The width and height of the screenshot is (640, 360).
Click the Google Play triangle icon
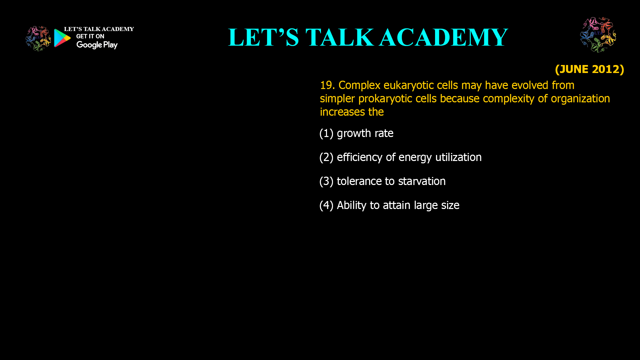(62, 38)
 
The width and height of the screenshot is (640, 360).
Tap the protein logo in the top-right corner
(598, 35)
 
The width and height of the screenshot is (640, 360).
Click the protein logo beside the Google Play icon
(38, 39)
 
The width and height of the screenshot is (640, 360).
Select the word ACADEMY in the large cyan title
(444, 37)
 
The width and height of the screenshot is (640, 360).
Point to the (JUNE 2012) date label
(589, 69)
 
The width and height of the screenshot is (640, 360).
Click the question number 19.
(327, 85)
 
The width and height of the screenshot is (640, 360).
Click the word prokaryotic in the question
(385, 99)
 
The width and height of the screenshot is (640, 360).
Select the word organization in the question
(580, 99)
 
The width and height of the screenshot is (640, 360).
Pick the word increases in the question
(342, 112)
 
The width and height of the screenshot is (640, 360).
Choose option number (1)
(326, 133)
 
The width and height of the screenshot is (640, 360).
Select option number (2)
(326, 157)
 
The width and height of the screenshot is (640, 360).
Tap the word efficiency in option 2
(360, 157)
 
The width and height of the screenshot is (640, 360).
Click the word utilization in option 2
(458, 157)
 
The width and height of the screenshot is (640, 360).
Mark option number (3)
(326, 181)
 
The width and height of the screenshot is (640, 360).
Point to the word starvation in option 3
(422, 181)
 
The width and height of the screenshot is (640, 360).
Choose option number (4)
(326, 205)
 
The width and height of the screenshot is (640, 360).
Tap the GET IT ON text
(90, 36)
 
